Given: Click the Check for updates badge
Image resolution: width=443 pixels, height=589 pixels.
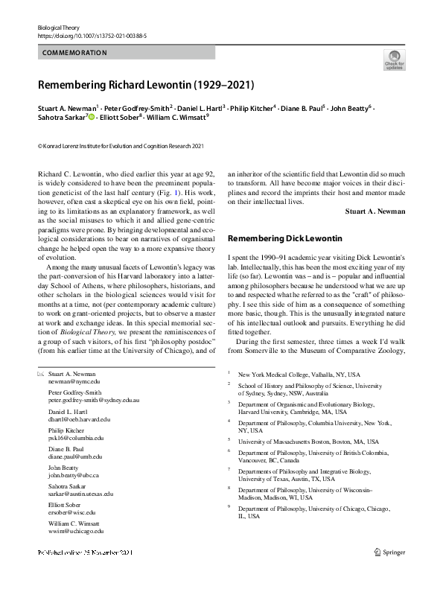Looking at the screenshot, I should [394, 60].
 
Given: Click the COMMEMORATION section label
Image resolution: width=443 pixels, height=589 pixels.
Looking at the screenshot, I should [74, 53].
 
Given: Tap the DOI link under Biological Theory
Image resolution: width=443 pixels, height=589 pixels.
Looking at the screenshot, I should [92, 35].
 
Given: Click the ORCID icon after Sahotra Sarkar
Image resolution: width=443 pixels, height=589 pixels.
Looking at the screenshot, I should [92, 117].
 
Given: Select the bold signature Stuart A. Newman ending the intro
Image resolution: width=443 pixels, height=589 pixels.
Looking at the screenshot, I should [375, 211].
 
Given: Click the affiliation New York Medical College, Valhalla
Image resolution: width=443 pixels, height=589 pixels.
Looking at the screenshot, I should [298, 374].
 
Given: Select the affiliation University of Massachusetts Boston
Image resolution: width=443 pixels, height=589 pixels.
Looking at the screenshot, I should [303, 441].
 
